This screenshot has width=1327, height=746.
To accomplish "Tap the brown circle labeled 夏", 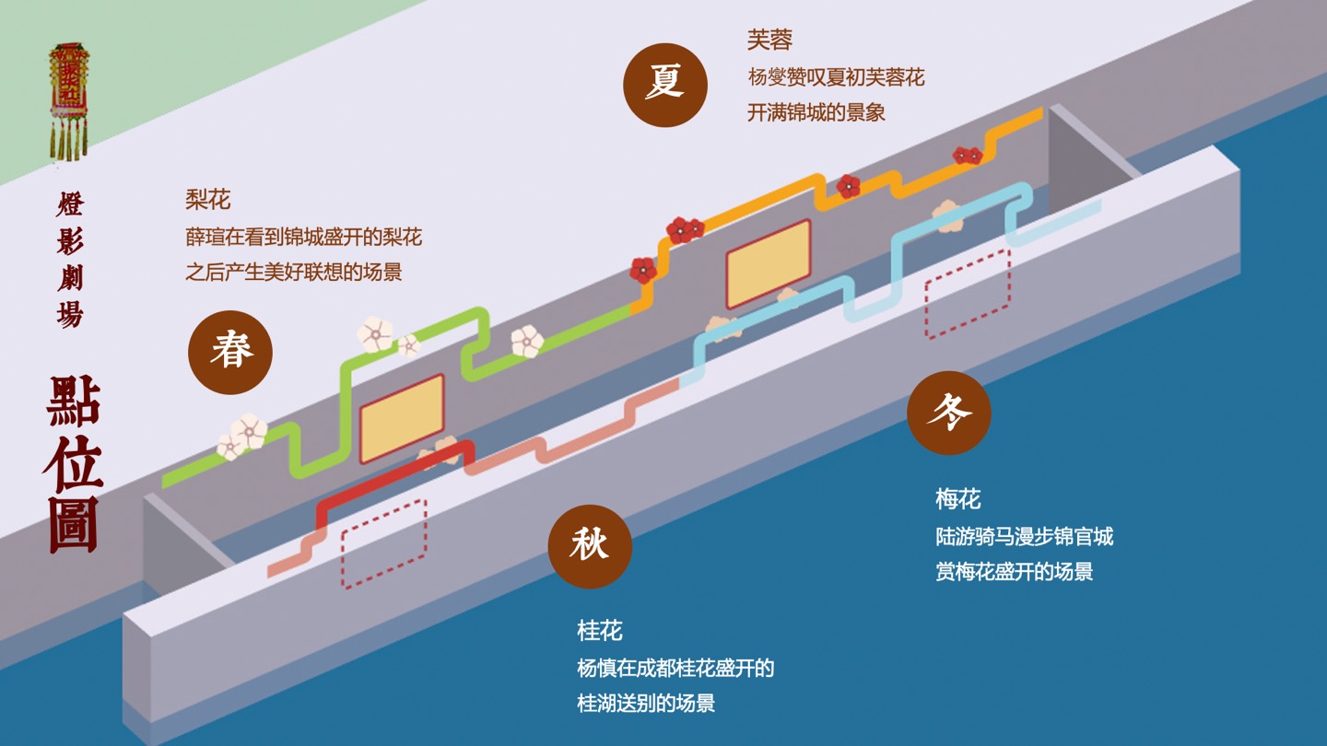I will [x=665, y=84].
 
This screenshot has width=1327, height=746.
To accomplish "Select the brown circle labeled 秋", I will [x=590, y=546].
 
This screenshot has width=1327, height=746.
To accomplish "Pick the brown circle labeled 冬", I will [x=948, y=413].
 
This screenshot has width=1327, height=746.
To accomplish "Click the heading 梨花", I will [x=207, y=199].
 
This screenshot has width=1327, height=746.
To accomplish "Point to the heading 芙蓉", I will [x=769, y=41].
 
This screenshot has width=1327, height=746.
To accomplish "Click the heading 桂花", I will [x=600, y=631].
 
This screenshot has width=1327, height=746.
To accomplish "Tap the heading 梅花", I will [x=958, y=499].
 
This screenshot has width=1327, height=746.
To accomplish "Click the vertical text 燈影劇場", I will [x=70, y=260].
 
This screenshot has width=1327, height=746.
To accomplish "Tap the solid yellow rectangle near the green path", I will [x=402, y=418].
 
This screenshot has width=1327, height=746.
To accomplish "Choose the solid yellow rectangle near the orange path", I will [x=769, y=263].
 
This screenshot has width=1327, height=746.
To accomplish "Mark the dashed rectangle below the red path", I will [x=384, y=543].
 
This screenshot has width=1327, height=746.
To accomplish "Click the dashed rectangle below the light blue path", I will [x=968, y=293].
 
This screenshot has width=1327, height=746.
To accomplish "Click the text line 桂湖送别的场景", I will [x=646, y=704].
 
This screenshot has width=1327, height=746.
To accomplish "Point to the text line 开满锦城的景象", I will [x=816, y=112].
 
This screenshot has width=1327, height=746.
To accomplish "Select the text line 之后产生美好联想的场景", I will [x=294, y=272].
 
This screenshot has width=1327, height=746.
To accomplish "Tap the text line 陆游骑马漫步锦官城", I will [x=1025, y=536].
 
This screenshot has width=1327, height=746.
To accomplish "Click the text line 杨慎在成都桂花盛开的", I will [x=675, y=668].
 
